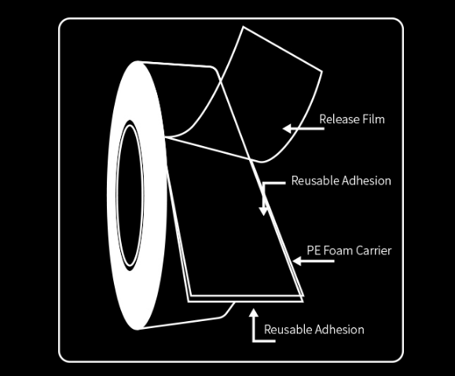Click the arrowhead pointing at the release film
click(x=288, y=129)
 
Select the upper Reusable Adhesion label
click(x=341, y=181)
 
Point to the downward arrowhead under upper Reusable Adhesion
click(x=263, y=210)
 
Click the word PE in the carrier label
click(x=313, y=250)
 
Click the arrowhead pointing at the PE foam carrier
click(x=297, y=261)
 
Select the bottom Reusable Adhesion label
click(x=314, y=330)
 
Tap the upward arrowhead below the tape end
click(x=254, y=313)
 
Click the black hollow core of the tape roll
click(x=130, y=195)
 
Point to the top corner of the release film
click(x=243, y=27)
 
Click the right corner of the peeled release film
click(x=322, y=71)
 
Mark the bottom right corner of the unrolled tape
click(x=303, y=301)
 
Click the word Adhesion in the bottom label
click(x=339, y=330)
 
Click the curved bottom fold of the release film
click(x=262, y=162)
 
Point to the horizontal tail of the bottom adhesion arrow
click(x=264, y=341)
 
